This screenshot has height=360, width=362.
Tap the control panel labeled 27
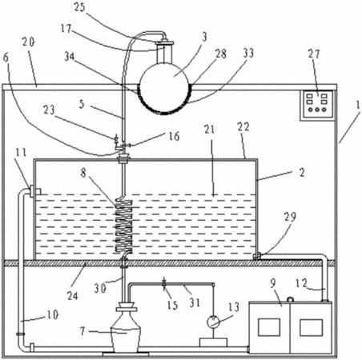pyautogui.click(x=317, y=105)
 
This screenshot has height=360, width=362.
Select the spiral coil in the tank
pyautogui.click(x=124, y=226)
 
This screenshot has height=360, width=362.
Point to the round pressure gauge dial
pyautogui.click(x=213, y=322)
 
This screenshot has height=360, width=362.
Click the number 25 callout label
pyautogui.click(x=79, y=7)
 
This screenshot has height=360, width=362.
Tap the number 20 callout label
pyautogui.click(x=29, y=42)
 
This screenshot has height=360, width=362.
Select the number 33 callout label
pyautogui.click(x=248, y=53)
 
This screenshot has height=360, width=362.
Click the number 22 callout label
pyautogui.click(x=243, y=126)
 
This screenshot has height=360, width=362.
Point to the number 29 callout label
pyautogui.click(x=290, y=217)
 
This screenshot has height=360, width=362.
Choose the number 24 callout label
pyautogui.click(x=72, y=295)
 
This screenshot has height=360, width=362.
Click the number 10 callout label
pyautogui.click(x=53, y=315)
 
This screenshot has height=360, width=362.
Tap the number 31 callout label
pyautogui.click(x=195, y=302)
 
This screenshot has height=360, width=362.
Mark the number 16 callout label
pyautogui.click(x=174, y=136)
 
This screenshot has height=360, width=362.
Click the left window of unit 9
pyautogui.click(x=269, y=327)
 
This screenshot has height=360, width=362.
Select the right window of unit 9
pyautogui.click(x=311, y=327)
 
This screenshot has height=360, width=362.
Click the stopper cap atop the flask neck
pyautogui.click(x=165, y=42)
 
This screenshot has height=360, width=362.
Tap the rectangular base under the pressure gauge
pyautogui.click(x=214, y=342)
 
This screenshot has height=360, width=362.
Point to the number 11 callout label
pyautogui.click(x=21, y=153)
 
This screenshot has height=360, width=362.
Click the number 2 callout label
pyautogui.click(x=302, y=173)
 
